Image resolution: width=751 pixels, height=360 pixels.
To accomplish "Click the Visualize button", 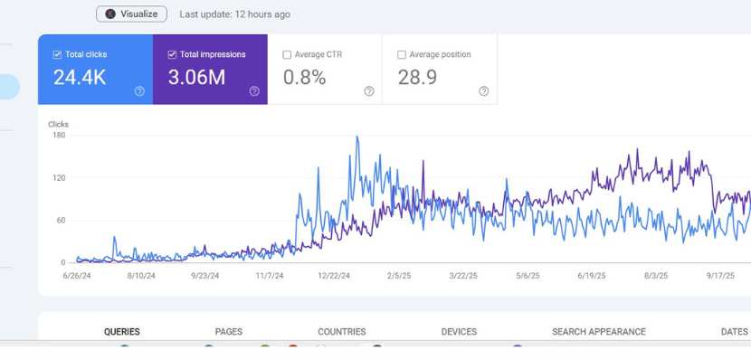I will coord(132,14).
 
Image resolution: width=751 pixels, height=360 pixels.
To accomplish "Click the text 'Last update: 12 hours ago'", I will coord(234,14).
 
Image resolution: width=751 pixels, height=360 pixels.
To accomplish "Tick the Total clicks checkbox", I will coord(58,54).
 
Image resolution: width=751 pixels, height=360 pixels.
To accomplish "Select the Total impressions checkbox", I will coord(173,54).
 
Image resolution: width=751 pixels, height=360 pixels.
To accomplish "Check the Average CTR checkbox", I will coord(288,54).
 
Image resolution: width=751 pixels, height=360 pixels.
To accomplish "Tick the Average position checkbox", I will coord(402,54).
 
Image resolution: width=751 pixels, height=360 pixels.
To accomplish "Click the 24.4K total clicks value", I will coord(80,78).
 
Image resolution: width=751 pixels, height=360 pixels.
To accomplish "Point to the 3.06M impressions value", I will coord(196,78).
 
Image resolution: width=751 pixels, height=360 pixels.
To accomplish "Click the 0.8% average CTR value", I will coord(304,78).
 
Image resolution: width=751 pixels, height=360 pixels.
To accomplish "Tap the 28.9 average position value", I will coord(417,78).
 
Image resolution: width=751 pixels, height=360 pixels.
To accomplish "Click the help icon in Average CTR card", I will coord(369,91).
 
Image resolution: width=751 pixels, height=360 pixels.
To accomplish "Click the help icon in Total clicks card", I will coord(139,91).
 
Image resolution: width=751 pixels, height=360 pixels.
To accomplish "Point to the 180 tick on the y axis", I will coord(59,136).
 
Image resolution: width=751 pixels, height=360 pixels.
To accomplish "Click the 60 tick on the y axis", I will coord(61,220).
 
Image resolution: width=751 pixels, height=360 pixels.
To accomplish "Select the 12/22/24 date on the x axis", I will coord(335,276).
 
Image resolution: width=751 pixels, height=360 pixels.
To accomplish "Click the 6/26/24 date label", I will coord(77,276).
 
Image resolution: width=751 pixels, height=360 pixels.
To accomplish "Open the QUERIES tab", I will coord(122,332).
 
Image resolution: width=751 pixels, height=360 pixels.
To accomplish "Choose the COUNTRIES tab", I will coord(342,332).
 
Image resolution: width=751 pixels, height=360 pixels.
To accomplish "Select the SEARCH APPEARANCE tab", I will coord(599,332).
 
